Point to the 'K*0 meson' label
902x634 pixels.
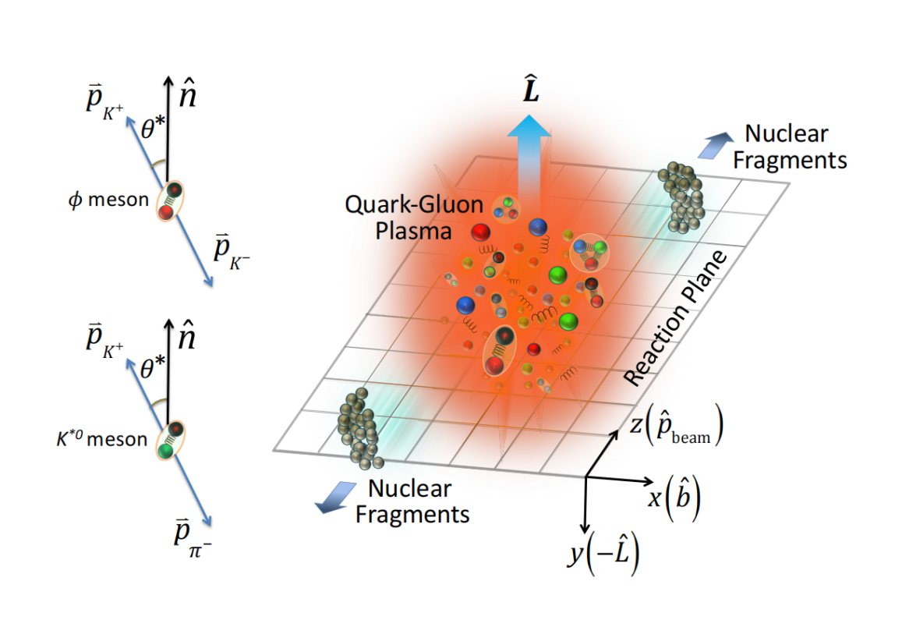click(x=106, y=440)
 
